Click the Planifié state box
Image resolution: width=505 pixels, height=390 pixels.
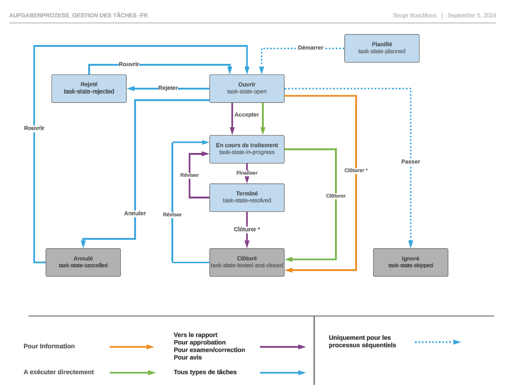coord(382,48)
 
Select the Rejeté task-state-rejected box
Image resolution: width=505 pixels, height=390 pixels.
coord(89,88)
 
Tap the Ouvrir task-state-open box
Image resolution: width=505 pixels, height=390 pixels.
coord(247,88)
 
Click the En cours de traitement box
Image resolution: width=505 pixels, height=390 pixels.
coord(247,149)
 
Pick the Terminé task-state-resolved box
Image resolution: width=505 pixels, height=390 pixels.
coord(247,198)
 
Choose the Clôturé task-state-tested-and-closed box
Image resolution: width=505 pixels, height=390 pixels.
coord(247,262)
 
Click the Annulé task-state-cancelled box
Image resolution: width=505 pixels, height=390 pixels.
coord(83,262)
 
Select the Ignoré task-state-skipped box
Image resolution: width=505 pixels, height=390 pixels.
coord(410,262)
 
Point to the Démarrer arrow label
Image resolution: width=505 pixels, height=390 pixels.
coord(311,48)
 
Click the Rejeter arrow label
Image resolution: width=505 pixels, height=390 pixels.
coord(168,88)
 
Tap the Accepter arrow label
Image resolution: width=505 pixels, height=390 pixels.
coord(247,115)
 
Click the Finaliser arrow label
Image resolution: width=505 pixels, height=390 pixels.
coord(247,173)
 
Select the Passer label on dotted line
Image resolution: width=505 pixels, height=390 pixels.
coord(410,162)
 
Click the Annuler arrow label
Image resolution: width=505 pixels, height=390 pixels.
coord(135,213)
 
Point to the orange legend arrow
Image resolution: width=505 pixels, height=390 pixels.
coord(131,347)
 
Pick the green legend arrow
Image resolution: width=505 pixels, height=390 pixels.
coord(132,373)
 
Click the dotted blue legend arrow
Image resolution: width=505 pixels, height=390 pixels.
coord(437,342)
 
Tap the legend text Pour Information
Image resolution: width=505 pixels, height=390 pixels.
coord(49,346)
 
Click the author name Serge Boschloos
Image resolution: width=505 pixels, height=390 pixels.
coord(414,16)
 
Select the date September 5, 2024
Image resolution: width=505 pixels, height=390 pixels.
coord(471,16)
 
